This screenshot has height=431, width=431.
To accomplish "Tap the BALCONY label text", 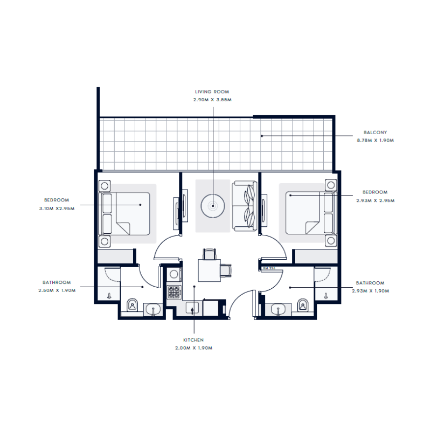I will point(375,132).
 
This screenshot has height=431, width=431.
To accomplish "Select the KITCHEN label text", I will point(193,340).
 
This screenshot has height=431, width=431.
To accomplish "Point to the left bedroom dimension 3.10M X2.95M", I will point(57,208).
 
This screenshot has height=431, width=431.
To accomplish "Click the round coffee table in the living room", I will point(212,205).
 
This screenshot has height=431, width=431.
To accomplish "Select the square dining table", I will point(209,270).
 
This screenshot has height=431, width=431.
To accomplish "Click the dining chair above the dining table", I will point(209,253).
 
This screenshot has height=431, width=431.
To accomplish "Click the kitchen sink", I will point(192,308).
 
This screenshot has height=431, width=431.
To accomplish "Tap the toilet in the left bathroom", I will point(133,307).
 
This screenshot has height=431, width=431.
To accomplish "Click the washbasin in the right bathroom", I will point(279,309).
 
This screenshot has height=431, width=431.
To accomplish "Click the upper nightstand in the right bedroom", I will point(330,185).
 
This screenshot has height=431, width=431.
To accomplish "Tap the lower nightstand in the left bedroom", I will point(105,240).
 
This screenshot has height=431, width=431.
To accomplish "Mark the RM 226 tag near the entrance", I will point(269,268).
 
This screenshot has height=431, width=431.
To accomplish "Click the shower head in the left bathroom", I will point(109,295).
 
